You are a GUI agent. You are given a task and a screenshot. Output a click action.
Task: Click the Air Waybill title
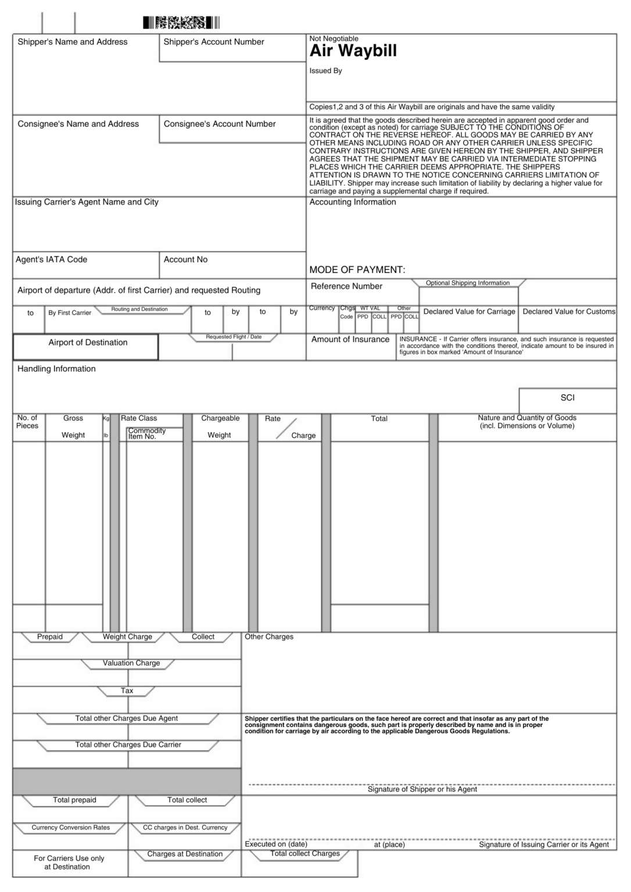[x=353, y=51]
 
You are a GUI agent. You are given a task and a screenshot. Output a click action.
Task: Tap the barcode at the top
[x=181, y=23]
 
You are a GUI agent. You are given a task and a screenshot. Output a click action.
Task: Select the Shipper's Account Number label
[x=213, y=42]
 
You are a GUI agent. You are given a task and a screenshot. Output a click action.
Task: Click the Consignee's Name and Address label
[x=78, y=124]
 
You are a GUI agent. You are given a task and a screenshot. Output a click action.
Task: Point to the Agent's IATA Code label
[x=51, y=260]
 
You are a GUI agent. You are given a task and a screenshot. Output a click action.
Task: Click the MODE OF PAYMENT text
[x=357, y=270]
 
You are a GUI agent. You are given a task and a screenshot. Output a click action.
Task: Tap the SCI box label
[x=567, y=398]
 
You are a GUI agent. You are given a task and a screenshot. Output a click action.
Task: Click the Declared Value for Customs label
[x=568, y=312]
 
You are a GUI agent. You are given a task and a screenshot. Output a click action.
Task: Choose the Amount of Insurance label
[x=350, y=340]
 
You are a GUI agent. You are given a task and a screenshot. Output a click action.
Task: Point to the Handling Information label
[x=56, y=369]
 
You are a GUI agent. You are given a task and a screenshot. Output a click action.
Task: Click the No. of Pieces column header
[x=27, y=422]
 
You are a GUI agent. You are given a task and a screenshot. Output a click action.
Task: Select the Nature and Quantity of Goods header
[x=527, y=422]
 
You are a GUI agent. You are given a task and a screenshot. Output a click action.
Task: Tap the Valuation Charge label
[x=131, y=663]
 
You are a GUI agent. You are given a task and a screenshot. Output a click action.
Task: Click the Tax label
[x=127, y=691]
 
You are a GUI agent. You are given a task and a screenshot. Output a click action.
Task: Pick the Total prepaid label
[x=74, y=800]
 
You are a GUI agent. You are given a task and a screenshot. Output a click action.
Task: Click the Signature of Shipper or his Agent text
[x=422, y=790]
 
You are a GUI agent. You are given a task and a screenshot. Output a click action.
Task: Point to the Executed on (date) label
[x=275, y=844]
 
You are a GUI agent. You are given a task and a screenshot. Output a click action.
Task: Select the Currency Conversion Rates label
[x=70, y=828]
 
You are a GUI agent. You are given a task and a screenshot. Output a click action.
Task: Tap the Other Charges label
[x=268, y=637]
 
